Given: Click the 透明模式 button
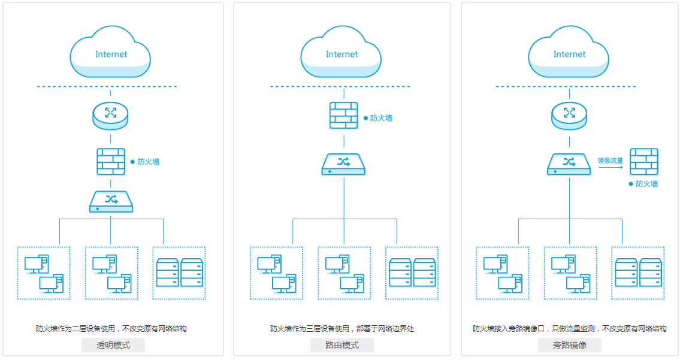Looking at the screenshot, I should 113,345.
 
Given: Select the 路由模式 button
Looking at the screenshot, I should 342,345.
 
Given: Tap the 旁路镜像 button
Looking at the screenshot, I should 569,345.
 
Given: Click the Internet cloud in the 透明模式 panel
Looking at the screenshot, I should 111,55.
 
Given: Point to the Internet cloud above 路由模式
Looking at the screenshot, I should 341,55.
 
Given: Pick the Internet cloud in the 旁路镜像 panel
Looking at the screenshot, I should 569,55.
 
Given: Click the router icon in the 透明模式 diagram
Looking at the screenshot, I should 111,116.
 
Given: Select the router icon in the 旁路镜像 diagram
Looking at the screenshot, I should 569,116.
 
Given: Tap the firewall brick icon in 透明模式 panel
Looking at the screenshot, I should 111,162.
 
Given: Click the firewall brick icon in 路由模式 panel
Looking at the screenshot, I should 344,116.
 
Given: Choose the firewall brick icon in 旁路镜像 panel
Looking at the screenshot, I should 644,162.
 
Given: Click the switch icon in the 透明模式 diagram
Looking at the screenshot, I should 111,202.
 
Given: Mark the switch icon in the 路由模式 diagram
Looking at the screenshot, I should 343,164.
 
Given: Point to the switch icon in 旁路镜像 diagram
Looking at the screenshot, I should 569,164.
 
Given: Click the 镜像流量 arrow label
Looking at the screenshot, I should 610,161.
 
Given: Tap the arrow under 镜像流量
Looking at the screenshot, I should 611,168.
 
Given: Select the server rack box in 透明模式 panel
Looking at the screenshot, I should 179,273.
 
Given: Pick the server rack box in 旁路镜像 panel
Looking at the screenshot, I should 638,273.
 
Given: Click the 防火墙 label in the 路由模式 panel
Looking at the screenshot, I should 381,119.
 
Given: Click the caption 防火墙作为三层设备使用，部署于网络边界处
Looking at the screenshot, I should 342,329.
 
